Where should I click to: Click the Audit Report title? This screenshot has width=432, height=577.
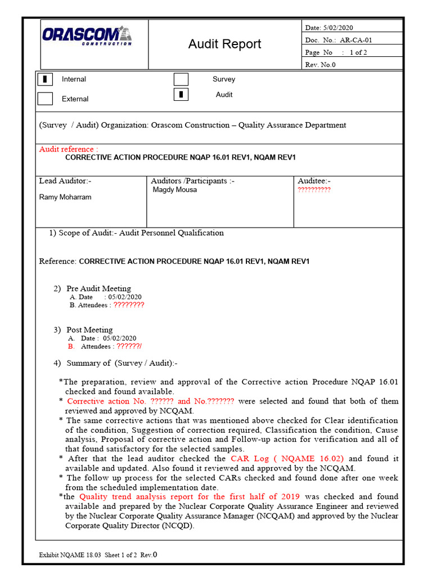[x=224, y=44]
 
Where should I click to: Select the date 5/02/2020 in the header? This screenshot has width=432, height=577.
[x=337, y=28]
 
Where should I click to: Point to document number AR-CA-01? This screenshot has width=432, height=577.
[x=356, y=40]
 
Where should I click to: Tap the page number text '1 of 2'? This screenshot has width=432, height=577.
[x=359, y=52]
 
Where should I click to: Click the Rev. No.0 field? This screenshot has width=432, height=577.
[x=320, y=64]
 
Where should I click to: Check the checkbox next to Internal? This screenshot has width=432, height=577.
[x=45, y=79]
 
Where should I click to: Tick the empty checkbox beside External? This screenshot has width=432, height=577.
[x=45, y=99]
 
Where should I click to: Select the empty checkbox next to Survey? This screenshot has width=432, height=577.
[x=181, y=79]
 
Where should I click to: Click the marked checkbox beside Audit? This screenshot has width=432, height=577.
[x=181, y=95]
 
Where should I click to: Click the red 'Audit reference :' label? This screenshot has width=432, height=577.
[x=68, y=149]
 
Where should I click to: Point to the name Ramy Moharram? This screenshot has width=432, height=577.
[x=65, y=197]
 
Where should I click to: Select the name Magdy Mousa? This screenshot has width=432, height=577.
[x=175, y=190]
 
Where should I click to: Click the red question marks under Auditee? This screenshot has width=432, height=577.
[x=314, y=190]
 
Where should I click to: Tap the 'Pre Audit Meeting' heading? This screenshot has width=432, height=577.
[x=98, y=288]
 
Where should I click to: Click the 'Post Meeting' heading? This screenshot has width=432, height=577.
[x=89, y=330]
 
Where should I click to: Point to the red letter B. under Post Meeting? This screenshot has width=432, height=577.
[x=71, y=347]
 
